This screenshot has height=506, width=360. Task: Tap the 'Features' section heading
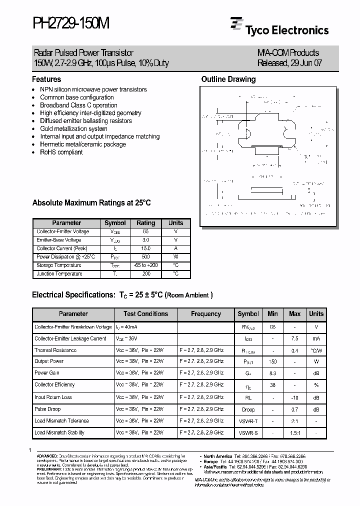click(46, 79)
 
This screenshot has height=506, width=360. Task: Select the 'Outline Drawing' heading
click(228, 79)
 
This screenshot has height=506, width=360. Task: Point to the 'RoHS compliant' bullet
click(61, 152)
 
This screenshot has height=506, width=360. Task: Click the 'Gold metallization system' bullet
click(73, 128)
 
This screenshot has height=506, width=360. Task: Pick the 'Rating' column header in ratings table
click(146, 223)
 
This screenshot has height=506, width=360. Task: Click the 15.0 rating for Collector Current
click(146, 248)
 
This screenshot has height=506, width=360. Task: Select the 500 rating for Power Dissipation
click(146, 257)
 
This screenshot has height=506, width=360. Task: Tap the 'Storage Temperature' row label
click(59, 265)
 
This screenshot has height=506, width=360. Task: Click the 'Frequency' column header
click(205, 314)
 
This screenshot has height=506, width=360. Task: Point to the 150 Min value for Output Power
click(272, 361)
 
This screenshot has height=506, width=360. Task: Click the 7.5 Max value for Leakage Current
click(294, 338)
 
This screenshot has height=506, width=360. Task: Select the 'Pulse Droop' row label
click(47, 409)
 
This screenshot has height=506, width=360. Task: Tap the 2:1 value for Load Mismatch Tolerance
click(294, 421)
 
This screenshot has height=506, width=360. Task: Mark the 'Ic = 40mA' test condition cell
click(127, 327)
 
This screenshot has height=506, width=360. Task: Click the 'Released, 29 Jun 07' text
click(288, 63)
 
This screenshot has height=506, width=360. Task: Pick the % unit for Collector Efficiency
click(316, 385)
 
